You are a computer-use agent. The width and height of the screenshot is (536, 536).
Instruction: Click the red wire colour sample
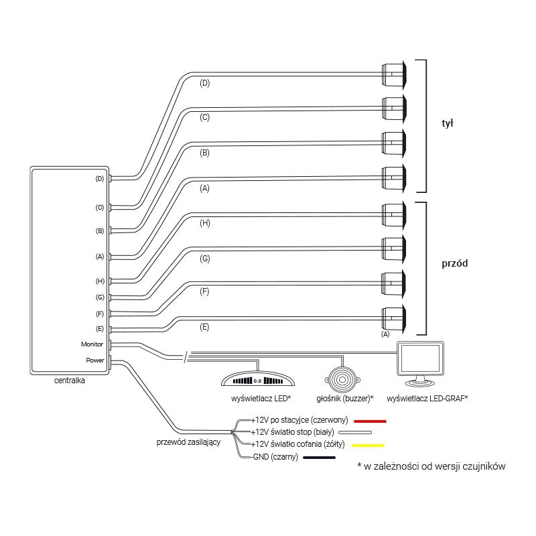point(370,421)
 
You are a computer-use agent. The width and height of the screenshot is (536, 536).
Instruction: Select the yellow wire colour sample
point(368,446)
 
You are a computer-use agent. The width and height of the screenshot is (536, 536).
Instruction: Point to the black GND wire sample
point(320,458)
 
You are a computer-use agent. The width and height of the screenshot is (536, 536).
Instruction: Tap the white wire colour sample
point(355,432)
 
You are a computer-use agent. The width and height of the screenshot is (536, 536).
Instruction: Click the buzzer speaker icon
point(342,379)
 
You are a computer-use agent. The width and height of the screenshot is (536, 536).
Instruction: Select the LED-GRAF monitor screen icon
point(420,363)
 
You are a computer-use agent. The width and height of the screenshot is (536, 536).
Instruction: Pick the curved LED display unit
point(258,379)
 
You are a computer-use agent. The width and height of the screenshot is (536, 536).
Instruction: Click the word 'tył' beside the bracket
point(447,123)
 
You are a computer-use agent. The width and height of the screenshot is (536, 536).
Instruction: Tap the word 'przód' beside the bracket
point(455,263)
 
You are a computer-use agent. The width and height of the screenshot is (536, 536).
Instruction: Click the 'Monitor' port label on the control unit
point(92,344)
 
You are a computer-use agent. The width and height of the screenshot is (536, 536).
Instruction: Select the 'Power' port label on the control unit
point(94,360)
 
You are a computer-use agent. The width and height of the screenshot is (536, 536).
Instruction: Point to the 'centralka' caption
point(70,381)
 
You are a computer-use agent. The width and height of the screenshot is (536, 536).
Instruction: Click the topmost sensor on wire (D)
point(394,74)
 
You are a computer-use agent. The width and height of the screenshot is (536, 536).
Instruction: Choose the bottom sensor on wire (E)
point(394,319)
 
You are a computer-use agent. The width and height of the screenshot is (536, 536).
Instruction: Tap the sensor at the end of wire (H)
point(394,214)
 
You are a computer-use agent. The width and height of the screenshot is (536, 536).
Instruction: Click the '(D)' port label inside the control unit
point(99,179)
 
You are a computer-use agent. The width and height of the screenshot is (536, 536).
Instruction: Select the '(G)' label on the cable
point(205,259)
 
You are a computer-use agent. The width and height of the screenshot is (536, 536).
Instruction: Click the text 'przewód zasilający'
point(188,442)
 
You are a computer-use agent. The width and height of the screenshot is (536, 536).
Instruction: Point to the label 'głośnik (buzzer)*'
point(345,398)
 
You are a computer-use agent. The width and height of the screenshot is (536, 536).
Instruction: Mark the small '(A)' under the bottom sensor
point(385,334)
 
